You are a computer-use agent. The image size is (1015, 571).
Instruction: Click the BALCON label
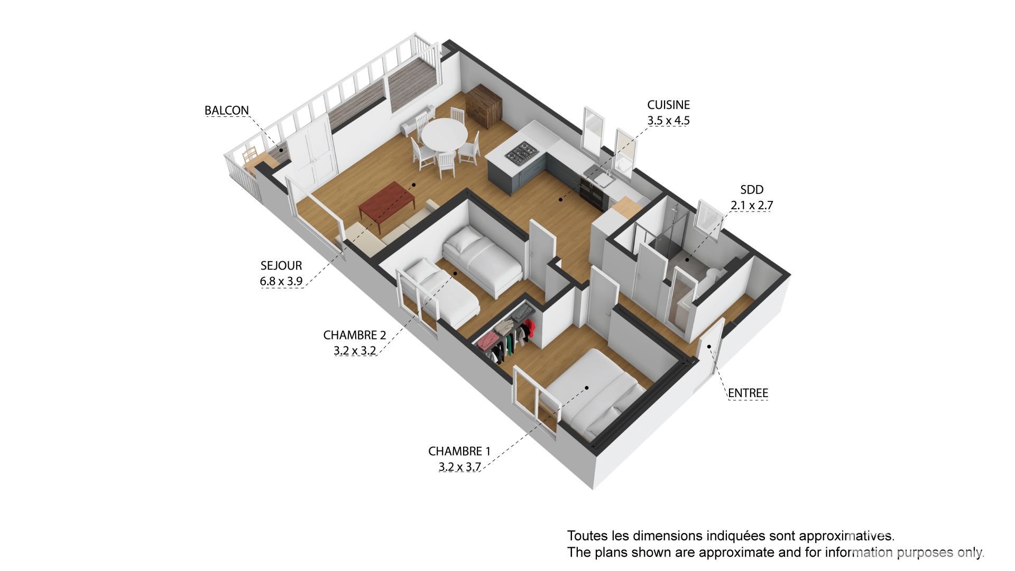click(226, 110)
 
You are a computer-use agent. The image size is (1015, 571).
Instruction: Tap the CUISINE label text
click(668, 105)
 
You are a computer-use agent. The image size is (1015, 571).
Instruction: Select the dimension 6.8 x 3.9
click(281, 281)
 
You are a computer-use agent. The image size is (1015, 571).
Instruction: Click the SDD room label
click(752, 190)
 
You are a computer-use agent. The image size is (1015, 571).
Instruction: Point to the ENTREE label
click(748, 393)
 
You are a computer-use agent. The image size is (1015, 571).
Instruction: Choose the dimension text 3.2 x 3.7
click(459, 467)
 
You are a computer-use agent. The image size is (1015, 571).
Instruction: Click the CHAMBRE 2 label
click(354, 335)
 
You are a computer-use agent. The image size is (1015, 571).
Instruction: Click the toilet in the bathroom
click(711, 275)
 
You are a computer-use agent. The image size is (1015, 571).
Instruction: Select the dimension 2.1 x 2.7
click(752, 205)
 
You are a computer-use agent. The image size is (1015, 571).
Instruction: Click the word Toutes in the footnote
click(585, 536)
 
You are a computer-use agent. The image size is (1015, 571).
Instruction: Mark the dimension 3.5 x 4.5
click(668, 121)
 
